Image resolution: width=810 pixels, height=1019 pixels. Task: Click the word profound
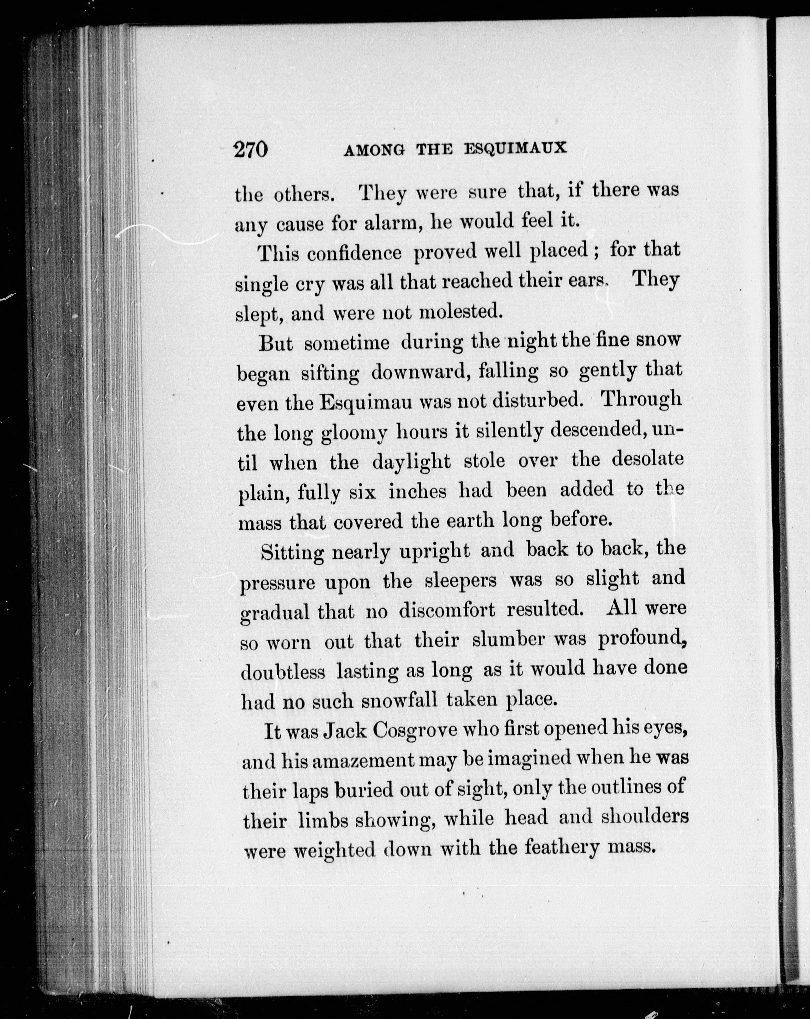pyautogui.click(x=642, y=641)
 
